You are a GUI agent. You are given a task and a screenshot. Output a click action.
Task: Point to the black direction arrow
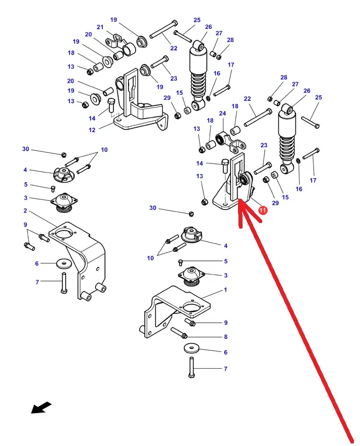point(41,407)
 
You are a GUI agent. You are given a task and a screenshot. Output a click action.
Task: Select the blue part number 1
point(225,290)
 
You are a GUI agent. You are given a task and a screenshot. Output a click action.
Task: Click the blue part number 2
point(25,211)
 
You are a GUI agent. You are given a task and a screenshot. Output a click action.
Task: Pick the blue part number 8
point(225,337)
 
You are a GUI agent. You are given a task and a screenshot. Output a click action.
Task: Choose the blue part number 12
point(92,130)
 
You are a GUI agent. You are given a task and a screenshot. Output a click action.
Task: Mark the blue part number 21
point(100,27)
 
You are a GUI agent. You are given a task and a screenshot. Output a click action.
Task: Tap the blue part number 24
point(222,114)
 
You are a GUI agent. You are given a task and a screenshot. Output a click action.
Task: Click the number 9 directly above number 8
point(225,322)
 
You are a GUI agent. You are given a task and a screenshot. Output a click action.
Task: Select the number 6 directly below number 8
point(225,352)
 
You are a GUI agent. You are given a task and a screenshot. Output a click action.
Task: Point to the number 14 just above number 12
point(92,119)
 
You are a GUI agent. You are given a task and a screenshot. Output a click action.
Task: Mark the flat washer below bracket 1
point(191,348)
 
